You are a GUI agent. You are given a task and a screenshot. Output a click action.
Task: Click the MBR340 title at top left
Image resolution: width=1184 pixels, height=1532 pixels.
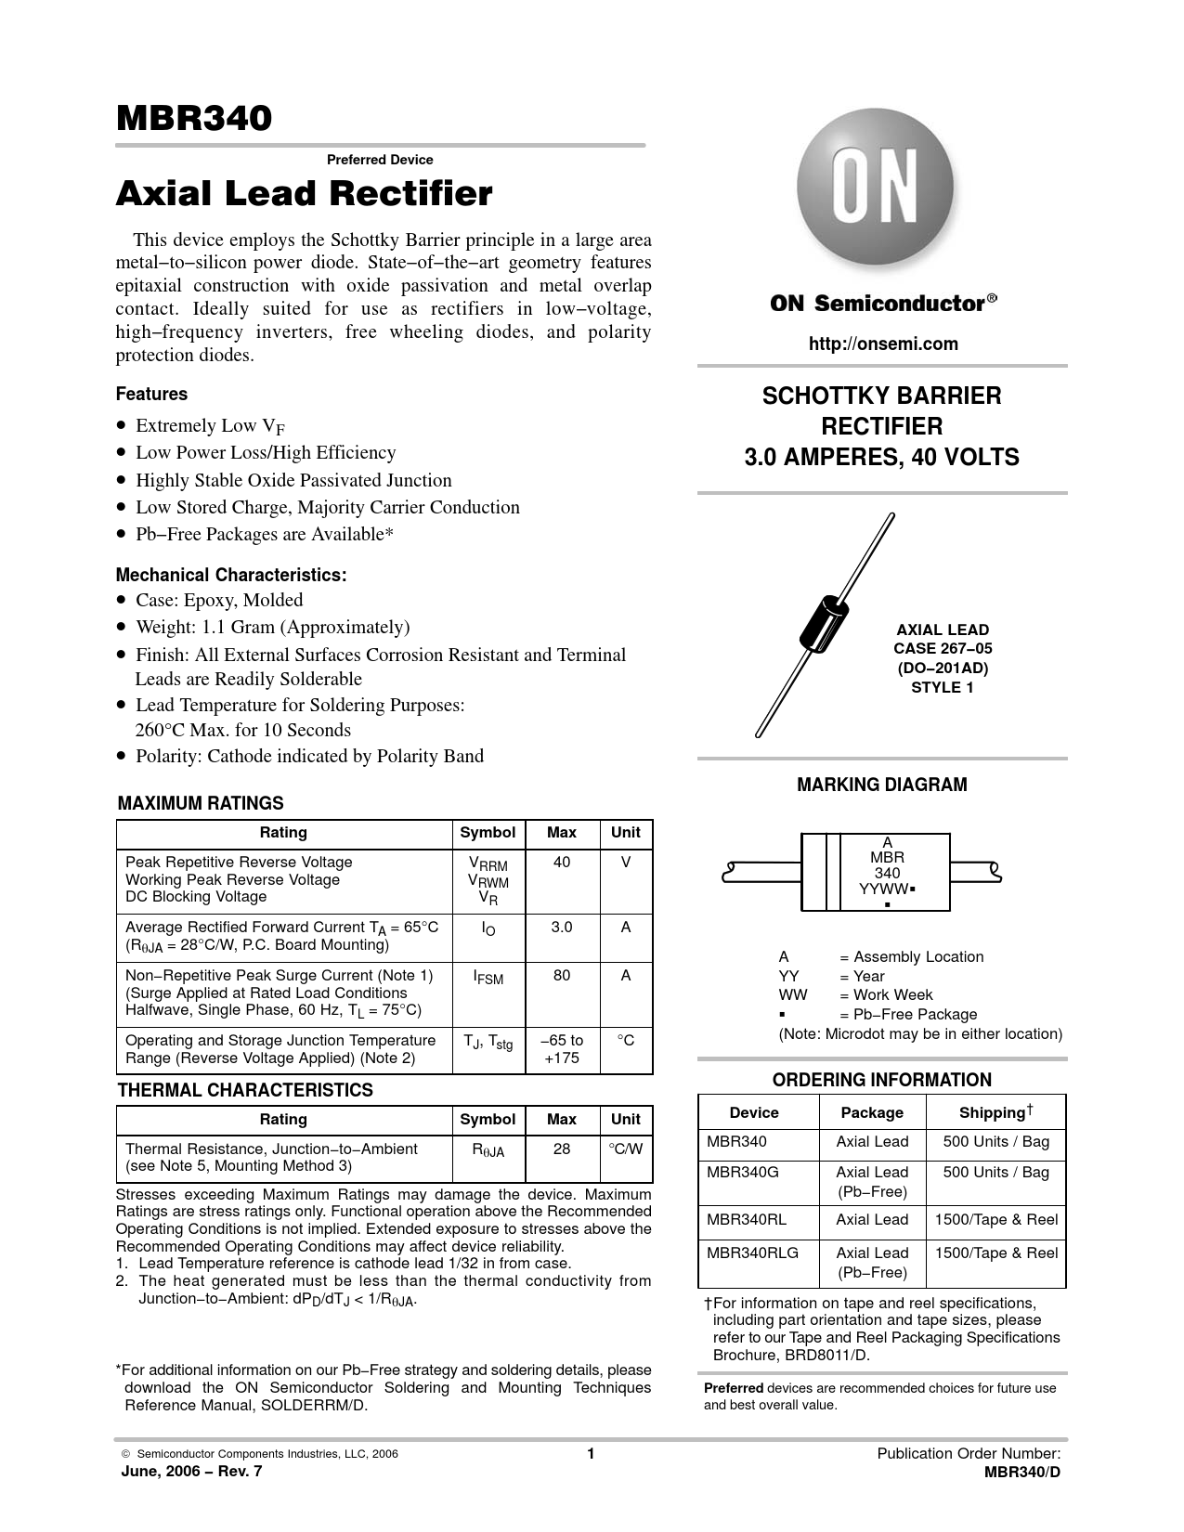point(194,119)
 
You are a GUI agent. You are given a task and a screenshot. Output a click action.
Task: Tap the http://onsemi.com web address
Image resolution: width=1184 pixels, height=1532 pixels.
point(883,344)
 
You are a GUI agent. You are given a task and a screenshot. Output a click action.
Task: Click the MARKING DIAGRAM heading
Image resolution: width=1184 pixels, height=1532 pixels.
point(882,785)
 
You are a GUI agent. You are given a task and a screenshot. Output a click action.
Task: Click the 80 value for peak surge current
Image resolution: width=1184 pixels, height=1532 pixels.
point(562,976)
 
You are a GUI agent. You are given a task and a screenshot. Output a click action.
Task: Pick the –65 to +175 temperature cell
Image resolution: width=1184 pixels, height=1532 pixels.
point(562,1049)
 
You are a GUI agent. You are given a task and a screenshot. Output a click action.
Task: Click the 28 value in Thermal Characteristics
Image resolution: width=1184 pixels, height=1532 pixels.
point(562,1149)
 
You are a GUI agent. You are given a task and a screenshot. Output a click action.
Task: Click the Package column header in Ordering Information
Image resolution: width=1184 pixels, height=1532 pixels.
point(872,1112)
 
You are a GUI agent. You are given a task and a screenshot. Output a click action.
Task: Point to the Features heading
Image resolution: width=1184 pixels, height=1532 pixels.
point(151,394)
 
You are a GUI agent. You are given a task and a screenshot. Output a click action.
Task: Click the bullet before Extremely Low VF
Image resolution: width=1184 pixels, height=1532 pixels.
point(122,426)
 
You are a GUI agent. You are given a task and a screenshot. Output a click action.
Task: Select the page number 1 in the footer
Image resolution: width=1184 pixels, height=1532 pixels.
point(591,1454)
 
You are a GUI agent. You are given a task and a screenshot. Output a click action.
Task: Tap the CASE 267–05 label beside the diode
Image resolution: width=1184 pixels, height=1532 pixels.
point(942,649)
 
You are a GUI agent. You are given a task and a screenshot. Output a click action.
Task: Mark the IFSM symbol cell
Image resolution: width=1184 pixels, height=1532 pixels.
point(488,978)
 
